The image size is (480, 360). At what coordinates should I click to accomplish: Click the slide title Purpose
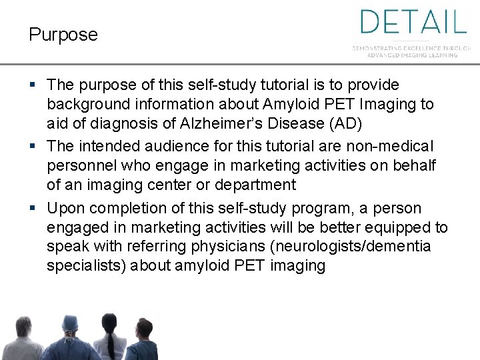click(63, 35)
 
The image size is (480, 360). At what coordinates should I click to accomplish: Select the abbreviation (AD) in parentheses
click(345, 124)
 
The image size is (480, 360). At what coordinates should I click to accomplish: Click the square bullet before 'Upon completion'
click(34, 208)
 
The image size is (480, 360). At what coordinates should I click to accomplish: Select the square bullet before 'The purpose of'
click(34, 85)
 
